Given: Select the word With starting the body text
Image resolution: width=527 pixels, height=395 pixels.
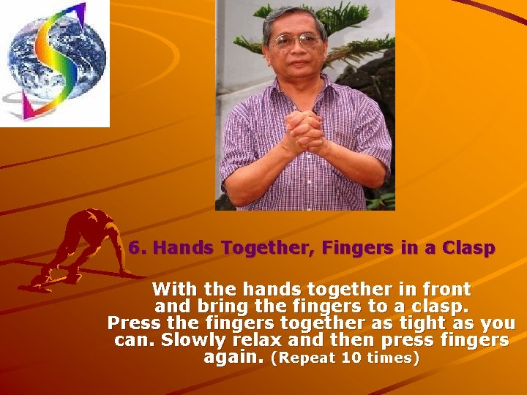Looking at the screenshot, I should click(x=173, y=289).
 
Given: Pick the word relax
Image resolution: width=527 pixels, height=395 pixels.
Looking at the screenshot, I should click(x=260, y=340).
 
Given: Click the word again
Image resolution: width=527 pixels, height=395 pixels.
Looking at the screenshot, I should click(x=233, y=358).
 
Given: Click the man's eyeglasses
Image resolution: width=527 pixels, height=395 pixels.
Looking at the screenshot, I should click(x=297, y=40).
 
